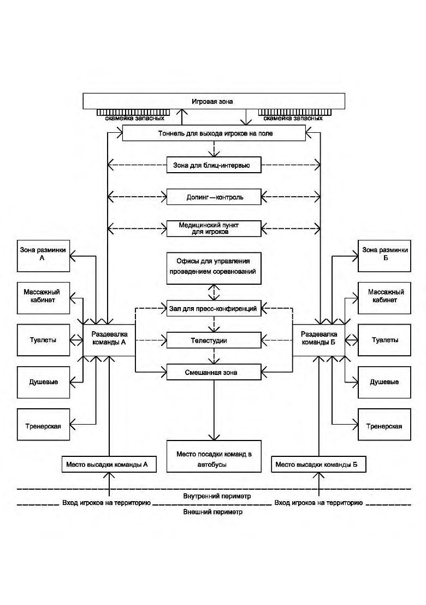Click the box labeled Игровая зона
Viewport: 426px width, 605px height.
click(214, 101)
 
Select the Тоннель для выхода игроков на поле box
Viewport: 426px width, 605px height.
click(214, 133)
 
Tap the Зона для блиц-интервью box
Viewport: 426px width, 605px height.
click(214, 165)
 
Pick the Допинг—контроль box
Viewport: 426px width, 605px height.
click(214, 197)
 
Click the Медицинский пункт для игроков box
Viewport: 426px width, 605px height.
click(214, 228)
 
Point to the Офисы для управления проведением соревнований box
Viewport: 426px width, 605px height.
click(214, 268)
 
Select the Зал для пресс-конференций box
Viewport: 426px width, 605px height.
click(214, 308)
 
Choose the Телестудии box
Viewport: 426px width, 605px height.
click(214, 340)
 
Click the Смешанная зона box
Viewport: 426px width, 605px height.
click(214, 372)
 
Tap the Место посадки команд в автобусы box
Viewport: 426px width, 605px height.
click(214, 456)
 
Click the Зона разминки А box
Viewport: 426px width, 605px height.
click(43, 256)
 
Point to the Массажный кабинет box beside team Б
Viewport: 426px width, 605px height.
click(384, 298)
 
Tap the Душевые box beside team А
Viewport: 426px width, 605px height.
click(43, 382)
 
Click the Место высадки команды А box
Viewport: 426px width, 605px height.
click(109, 464)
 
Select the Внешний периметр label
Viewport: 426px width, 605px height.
click(213, 512)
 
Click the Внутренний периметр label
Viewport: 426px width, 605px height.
click(217, 496)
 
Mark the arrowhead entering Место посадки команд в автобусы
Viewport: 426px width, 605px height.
click(214, 437)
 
